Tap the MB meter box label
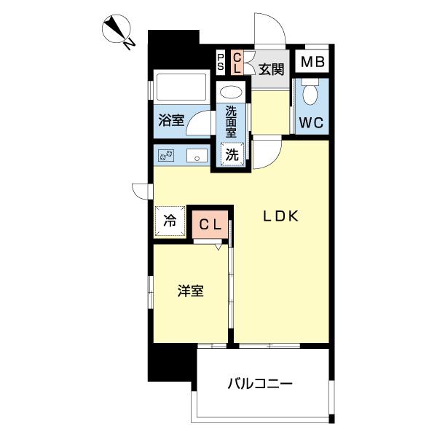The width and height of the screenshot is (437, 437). (x=312, y=62)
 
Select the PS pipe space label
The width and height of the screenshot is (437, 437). (x=221, y=62)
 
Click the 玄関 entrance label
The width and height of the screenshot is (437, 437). (x=271, y=69)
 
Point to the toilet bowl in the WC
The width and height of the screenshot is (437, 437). (x=310, y=92)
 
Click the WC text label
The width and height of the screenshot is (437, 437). (x=311, y=122)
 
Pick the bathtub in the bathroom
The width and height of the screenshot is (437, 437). (x=181, y=87)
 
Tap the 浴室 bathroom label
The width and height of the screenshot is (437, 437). (x=171, y=120)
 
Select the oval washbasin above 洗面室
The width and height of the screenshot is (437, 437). (x=231, y=92)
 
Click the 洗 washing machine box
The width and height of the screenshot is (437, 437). (x=232, y=154)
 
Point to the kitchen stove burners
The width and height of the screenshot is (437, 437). (x=166, y=155)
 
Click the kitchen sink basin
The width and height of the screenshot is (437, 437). (x=197, y=155)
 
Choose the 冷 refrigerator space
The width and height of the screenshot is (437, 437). (x=170, y=221)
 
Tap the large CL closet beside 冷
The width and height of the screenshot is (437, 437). (x=210, y=224)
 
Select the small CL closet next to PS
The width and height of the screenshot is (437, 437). (x=237, y=63)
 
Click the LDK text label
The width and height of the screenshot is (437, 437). (x=281, y=216)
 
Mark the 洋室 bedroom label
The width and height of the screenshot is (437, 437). (x=191, y=291)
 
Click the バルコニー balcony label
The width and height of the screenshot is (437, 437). (x=260, y=384)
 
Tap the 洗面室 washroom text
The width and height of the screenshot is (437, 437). (x=231, y=122)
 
